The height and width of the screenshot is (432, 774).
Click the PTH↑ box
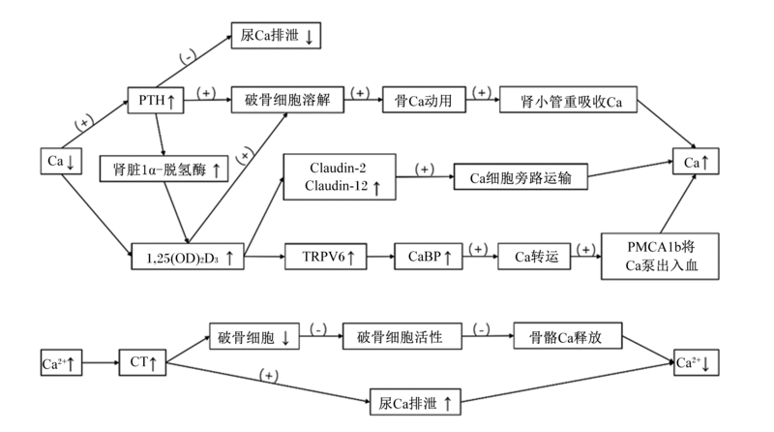coord(156,101)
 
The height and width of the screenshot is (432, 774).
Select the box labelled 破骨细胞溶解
coord(287,100)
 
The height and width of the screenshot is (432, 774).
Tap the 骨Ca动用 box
coord(424,100)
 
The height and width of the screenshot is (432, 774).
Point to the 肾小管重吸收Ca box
coord(568,100)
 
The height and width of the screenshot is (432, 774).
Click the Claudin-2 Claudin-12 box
coord(340,177)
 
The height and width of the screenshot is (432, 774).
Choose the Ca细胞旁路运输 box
coord(521,176)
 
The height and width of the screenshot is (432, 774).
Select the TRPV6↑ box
coord(326,257)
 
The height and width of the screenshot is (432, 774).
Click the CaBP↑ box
coord(429,257)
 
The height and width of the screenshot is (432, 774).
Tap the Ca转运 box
coord(534,257)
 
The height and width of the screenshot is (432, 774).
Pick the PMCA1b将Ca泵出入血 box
coord(660,257)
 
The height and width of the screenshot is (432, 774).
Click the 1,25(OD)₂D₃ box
coord(188,257)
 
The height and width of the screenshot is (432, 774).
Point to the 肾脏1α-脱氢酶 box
coord(164,170)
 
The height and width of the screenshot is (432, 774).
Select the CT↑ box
coord(142,362)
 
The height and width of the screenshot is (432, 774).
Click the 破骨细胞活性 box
coord(402,336)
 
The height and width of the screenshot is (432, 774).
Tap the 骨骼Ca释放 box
coord(568,336)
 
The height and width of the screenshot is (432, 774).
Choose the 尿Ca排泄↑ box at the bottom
coord(415,402)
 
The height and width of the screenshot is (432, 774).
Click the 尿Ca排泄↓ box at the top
coord(276,36)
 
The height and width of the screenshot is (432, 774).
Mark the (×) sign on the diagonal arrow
coord(245,156)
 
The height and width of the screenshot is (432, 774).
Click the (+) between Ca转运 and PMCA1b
coord(586,250)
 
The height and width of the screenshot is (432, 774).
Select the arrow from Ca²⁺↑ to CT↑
coord(101,362)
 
